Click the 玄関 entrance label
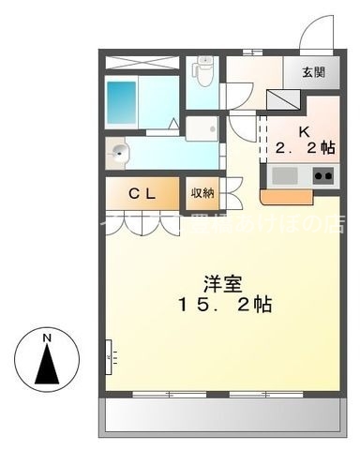(314, 72)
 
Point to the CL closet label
(142, 194)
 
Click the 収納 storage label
(202, 193)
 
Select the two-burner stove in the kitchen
(323, 174)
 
